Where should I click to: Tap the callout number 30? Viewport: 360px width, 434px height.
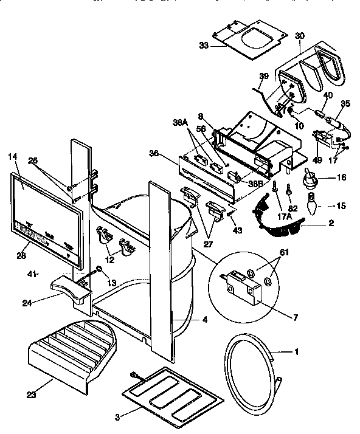[x=299, y=36]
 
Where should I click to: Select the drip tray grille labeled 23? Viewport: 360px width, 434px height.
[x=73, y=354]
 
